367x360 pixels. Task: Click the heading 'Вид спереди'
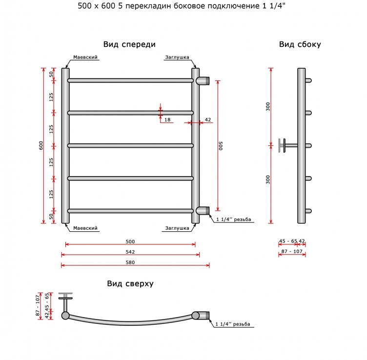129,44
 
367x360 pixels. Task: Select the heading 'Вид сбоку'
300,44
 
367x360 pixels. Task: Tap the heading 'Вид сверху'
130,284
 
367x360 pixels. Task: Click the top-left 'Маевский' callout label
85,57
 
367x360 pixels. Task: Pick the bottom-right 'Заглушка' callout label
177,228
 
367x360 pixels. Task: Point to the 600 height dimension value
41,145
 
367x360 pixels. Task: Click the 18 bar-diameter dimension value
167,120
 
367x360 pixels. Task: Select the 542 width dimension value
130,252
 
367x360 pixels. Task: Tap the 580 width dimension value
130,262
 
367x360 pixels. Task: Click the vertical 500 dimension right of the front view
221,146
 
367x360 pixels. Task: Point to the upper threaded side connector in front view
203,80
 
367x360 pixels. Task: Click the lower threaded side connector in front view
203,211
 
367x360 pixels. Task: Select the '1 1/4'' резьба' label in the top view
233,324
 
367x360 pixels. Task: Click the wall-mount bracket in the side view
288,145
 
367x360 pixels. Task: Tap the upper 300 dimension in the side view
268,107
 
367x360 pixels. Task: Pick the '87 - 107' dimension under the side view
292,251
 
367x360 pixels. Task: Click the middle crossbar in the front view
130,146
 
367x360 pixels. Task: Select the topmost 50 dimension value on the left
51,74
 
